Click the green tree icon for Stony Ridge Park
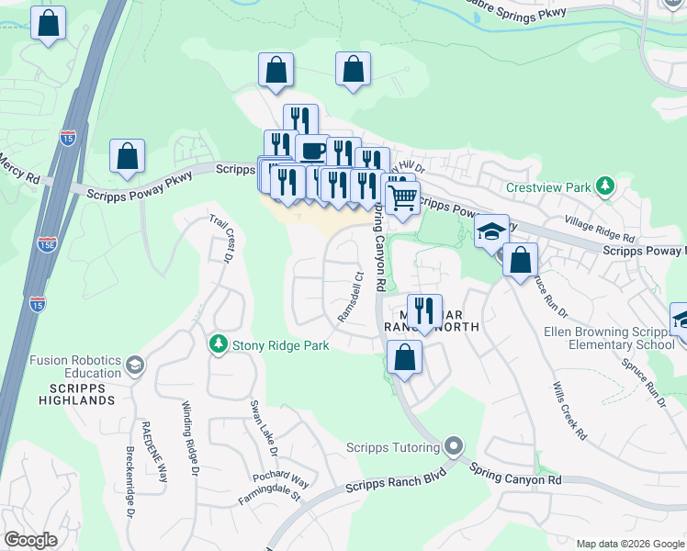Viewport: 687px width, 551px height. point(218,345)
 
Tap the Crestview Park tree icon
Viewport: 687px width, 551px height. point(604,187)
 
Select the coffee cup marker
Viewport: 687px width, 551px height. point(312,149)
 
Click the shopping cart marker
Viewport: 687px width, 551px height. point(401,196)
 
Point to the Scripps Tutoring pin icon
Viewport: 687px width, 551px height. point(452,447)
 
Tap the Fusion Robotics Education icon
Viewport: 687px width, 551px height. point(135,365)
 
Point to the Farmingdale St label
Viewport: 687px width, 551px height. point(271,495)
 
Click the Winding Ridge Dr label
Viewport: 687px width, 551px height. point(190,439)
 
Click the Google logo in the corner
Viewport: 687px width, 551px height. point(30,539)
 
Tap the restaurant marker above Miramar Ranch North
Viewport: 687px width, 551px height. point(424,310)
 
